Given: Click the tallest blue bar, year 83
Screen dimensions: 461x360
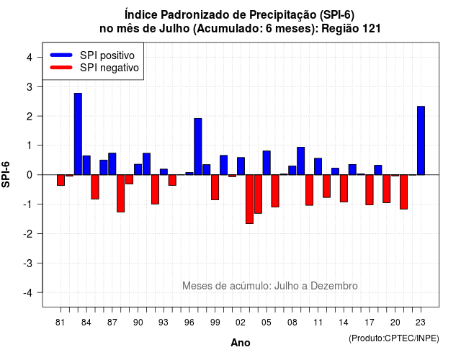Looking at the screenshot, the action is (78, 134).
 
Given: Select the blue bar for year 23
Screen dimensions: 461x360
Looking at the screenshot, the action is (421, 140).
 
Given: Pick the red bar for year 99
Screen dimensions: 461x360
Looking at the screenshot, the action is (215, 187).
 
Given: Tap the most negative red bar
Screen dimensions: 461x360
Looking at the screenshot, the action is (249, 199).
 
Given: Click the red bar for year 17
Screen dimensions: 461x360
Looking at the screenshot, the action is (370, 190).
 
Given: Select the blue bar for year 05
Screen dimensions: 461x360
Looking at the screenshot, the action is (267, 163).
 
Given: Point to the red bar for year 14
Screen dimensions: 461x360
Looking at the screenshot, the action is (344, 189).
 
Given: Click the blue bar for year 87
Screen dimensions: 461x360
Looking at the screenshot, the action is (112, 164).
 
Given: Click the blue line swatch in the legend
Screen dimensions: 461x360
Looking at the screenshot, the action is (61, 55).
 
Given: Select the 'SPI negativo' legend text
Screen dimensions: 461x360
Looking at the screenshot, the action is (109, 68).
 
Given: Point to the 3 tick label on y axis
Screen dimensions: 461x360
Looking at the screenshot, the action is (30, 87).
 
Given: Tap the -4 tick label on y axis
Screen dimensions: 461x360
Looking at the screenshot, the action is (28, 293).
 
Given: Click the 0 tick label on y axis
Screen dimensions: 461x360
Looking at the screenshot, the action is (30, 175).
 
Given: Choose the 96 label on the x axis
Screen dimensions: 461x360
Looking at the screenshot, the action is (189, 323).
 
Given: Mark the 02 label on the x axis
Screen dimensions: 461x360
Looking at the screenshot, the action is (241, 323).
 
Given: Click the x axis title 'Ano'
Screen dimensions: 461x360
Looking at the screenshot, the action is (241, 343).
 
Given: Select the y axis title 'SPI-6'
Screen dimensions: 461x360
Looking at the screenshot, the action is (6, 174).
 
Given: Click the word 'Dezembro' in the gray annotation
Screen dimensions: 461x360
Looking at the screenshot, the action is (334, 286).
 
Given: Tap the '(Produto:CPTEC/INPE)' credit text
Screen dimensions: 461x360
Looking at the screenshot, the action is (394, 338).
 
